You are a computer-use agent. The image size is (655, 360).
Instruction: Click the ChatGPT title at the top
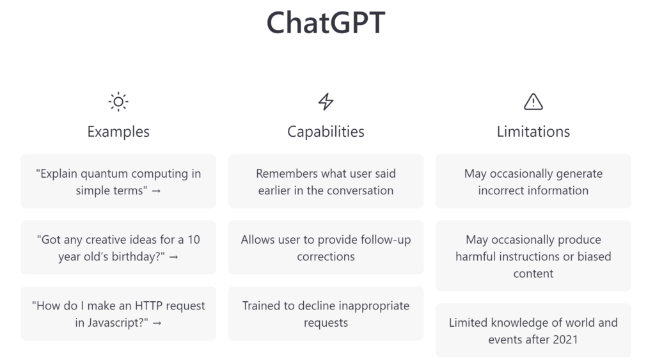(326, 22)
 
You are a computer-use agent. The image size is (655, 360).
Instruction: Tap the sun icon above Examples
(118, 102)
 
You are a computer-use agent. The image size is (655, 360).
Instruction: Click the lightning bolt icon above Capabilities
(326, 102)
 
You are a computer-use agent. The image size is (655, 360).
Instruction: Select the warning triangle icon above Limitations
(533, 102)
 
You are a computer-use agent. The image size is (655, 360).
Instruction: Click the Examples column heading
(118, 132)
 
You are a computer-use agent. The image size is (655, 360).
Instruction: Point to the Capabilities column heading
(326, 132)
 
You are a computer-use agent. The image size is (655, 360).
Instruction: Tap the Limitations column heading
(533, 132)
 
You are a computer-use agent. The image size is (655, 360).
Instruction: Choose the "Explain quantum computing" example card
(118, 181)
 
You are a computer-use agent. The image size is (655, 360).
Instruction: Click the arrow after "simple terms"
(156, 191)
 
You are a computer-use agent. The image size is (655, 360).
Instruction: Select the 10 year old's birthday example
(118, 247)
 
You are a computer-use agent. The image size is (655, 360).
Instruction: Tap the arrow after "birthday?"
(174, 257)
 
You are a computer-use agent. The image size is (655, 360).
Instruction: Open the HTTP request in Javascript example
(118, 313)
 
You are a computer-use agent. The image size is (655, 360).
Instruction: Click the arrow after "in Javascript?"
(157, 323)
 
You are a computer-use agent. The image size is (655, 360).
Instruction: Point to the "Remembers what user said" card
(326, 181)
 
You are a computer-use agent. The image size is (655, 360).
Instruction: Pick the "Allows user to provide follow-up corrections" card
(326, 247)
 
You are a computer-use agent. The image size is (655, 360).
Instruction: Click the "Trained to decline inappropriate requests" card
(326, 313)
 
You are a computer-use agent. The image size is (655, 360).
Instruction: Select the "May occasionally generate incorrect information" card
(533, 181)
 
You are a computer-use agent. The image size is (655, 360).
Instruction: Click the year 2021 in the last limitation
(565, 340)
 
